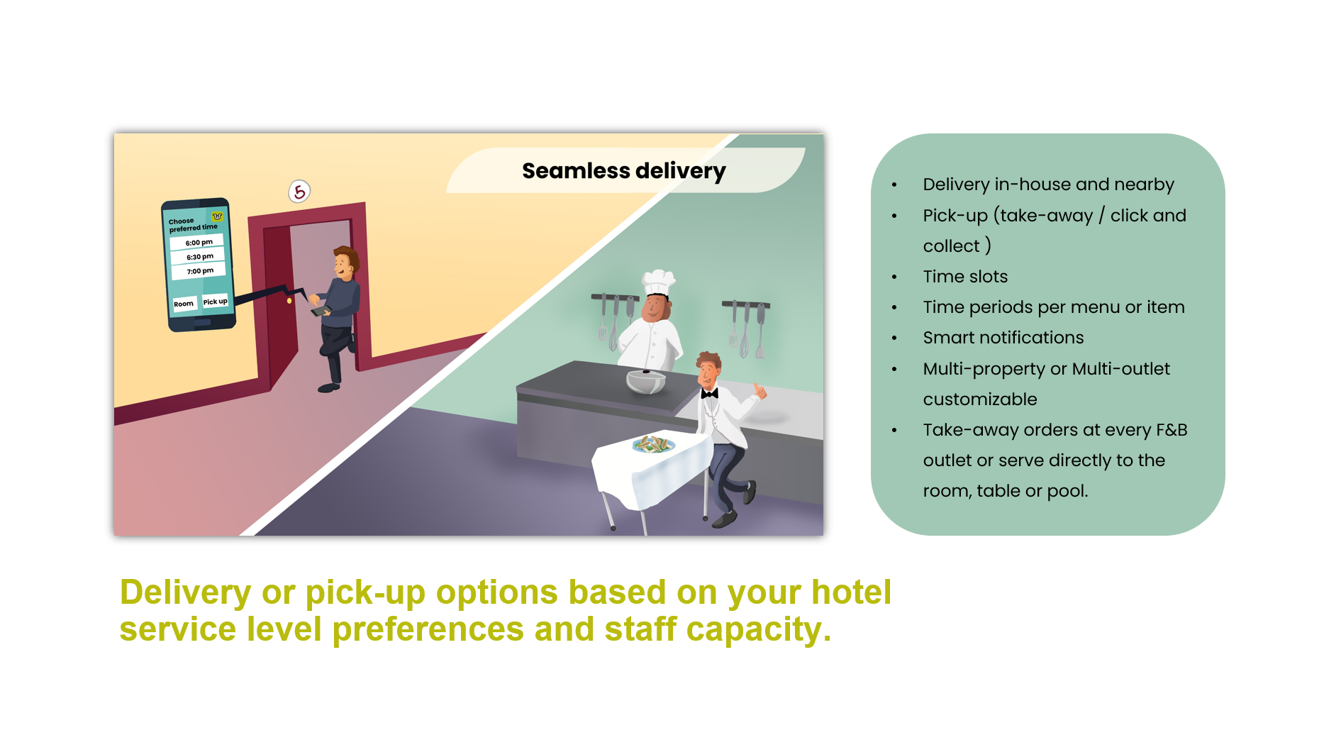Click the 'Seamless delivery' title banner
[624, 170]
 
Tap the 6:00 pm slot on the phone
[198, 243]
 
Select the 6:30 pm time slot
[199, 257]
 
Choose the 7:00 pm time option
[199, 271]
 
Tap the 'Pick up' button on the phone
[215, 302]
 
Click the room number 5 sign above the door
[299, 191]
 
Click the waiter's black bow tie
[709, 393]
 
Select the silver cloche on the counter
[646, 380]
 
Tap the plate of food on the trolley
[653, 445]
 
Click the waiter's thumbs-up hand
[760, 390]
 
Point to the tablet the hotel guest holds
[321, 311]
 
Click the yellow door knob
[289, 301]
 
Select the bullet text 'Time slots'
[965, 277]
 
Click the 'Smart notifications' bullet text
[1003, 338]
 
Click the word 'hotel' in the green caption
[851, 592]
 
